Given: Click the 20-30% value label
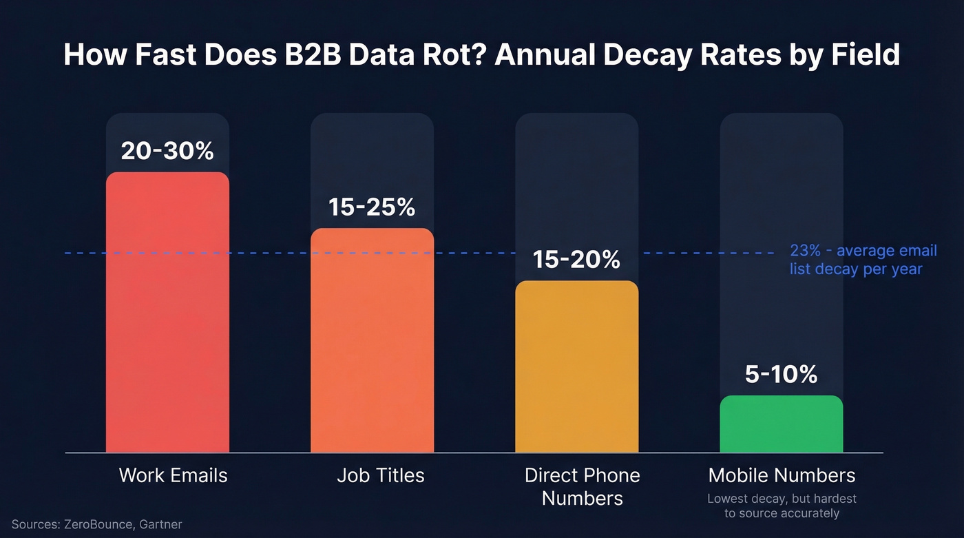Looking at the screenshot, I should [x=167, y=151].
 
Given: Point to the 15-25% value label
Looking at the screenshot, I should [x=372, y=207].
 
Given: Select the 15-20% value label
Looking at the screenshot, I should [x=577, y=260].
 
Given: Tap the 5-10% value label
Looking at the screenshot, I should [x=781, y=374].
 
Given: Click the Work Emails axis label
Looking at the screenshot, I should [x=173, y=475].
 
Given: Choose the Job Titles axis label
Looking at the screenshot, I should [x=381, y=475].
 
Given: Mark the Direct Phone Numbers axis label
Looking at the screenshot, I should [x=582, y=486].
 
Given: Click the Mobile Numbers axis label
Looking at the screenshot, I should [x=782, y=475].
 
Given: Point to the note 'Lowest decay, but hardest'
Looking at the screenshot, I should [x=782, y=499].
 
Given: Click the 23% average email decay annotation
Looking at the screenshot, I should [x=863, y=260].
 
